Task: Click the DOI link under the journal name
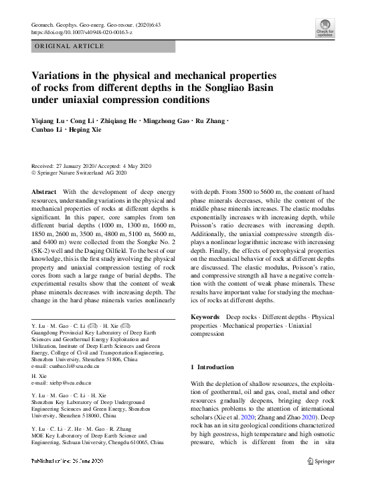pos(82,32)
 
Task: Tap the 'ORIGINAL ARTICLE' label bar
pos(69,46)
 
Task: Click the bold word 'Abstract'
pos(44,192)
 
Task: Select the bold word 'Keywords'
pos(205,316)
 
